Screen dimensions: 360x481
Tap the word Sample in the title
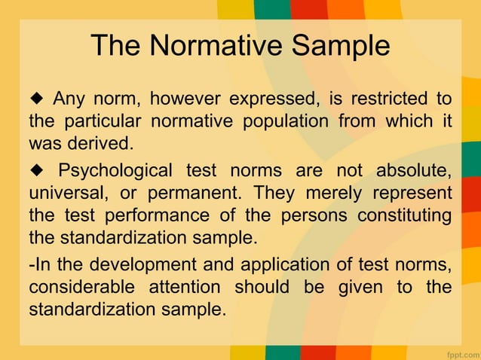(x=339, y=46)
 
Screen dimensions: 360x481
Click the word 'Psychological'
(x=115, y=169)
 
